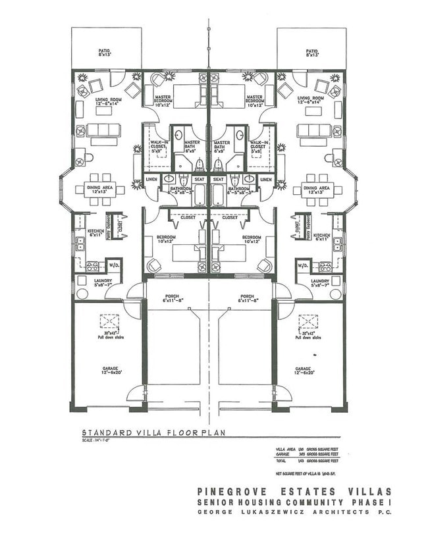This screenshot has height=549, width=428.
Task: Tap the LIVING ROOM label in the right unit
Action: (x=311, y=100)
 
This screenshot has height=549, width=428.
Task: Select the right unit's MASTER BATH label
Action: (x=222, y=144)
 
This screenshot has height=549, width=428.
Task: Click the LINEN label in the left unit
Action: (x=151, y=179)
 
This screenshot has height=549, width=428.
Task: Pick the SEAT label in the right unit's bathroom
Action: (x=218, y=180)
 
